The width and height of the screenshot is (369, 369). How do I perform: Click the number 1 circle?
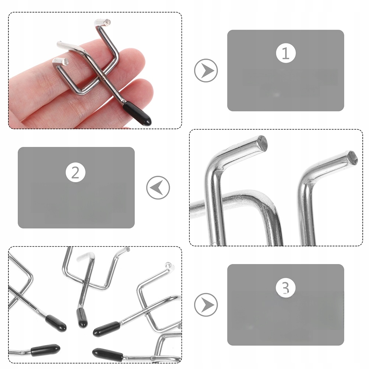(x=285, y=53)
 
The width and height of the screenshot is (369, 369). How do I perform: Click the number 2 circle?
(x=75, y=172)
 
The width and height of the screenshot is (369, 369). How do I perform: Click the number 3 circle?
(x=285, y=288)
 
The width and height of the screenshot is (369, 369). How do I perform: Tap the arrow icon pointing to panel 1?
(x=206, y=70)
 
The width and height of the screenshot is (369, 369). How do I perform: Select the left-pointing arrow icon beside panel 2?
(x=158, y=187)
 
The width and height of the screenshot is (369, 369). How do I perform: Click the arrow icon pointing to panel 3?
(x=206, y=305)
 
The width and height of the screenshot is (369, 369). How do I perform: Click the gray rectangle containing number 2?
(x=76, y=187)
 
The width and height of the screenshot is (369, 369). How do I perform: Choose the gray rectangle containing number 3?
(x=285, y=305)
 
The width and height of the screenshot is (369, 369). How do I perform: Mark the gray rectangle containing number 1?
(x=285, y=70)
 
